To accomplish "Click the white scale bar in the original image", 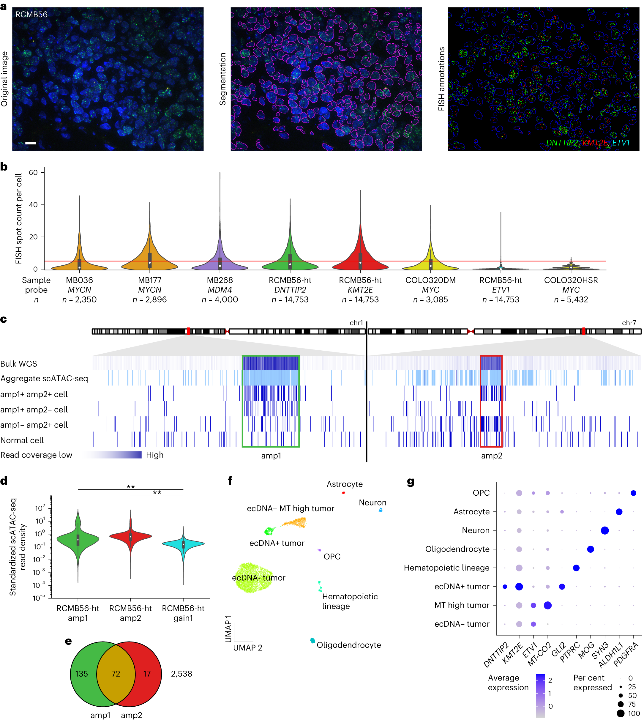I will tap(31, 143).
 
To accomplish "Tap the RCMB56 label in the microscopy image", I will tap(31, 15).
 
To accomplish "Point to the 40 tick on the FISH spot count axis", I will tap(33, 205).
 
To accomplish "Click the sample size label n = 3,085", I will tap(430, 300).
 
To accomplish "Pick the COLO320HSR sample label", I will tap(570, 280).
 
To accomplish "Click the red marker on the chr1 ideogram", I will tap(188, 331).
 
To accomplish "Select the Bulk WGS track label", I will tap(19, 363).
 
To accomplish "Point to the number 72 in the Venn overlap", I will tap(116, 674).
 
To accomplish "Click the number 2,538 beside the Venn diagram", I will tap(181, 674).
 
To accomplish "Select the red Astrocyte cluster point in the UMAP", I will tap(343, 493).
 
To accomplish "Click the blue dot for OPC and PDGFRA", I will tap(633, 493).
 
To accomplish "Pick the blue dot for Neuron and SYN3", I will tap(604, 530).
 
